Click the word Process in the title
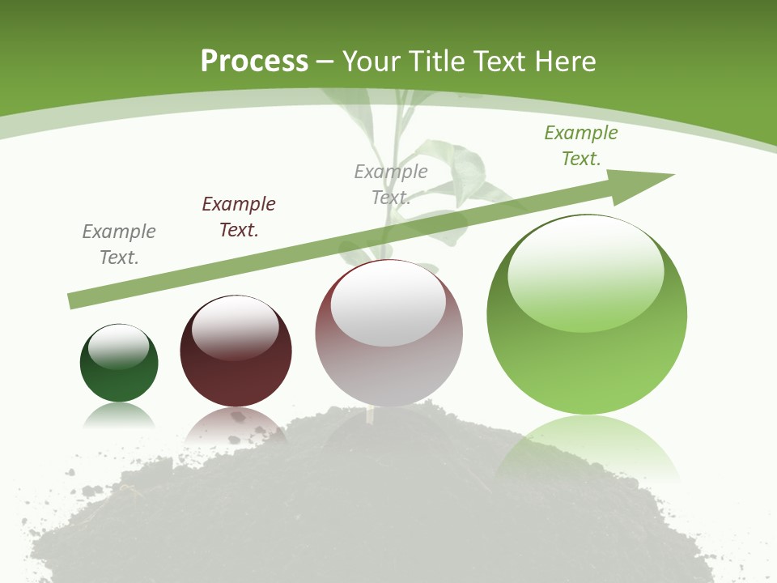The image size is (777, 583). pos(254,62)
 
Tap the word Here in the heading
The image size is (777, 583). pos(564,62)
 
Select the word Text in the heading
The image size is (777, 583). pos(501,62)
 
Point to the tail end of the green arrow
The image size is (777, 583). pos(73,301)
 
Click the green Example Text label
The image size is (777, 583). pos(581,146)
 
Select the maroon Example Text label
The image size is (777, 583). pos(239,217)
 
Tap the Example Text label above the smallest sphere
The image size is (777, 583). pos(119,245)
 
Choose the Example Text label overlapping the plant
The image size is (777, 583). pos(391,185)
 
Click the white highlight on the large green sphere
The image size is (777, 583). pos(586,271)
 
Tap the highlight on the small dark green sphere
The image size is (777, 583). pos(119,347)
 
